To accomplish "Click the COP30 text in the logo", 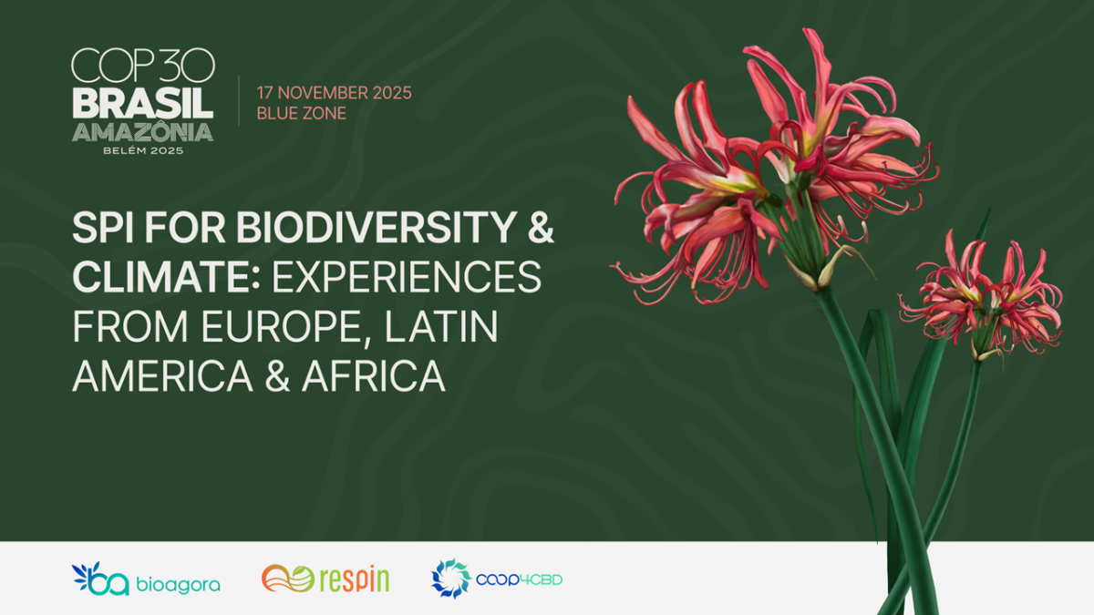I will tap(142, 66).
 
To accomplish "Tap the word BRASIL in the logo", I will tap(142, 102).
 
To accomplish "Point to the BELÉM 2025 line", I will tap(142, 150).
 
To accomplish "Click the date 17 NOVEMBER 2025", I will tap(334, 93).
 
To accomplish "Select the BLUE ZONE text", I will tap(301, 114).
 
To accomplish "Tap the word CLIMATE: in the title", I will tap(167, 279).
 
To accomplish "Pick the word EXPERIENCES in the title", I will tap(406, 279).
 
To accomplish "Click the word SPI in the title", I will tap(101, 231).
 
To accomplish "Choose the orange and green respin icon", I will tap(287, 579).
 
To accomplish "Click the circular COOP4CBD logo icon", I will tap(449, 579).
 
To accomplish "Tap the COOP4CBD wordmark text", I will tap(519, 579).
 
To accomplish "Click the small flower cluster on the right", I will tap(985, 296).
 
